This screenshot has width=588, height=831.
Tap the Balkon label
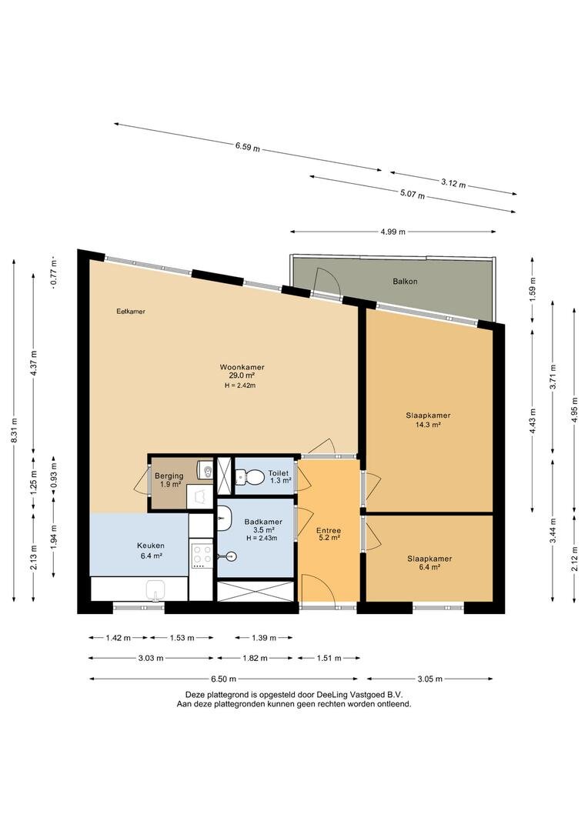coord(405,282)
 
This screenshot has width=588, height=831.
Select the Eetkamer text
coord(131,312)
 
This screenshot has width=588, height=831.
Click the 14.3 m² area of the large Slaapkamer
coord(429,424)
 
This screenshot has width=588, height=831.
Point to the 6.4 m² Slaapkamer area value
coord(429,567)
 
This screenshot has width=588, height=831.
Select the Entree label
coord(328,530)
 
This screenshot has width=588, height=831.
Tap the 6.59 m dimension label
coord(248,145)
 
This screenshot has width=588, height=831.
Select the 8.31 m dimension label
coord(13,431)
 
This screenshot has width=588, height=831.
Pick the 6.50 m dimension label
coord(223,679)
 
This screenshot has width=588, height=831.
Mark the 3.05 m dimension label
coord(429,679)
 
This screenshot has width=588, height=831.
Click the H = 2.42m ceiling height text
coord(239,385)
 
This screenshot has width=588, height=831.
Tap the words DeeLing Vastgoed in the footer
coord(359,693)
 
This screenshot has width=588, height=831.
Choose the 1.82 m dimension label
coord(255,658)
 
